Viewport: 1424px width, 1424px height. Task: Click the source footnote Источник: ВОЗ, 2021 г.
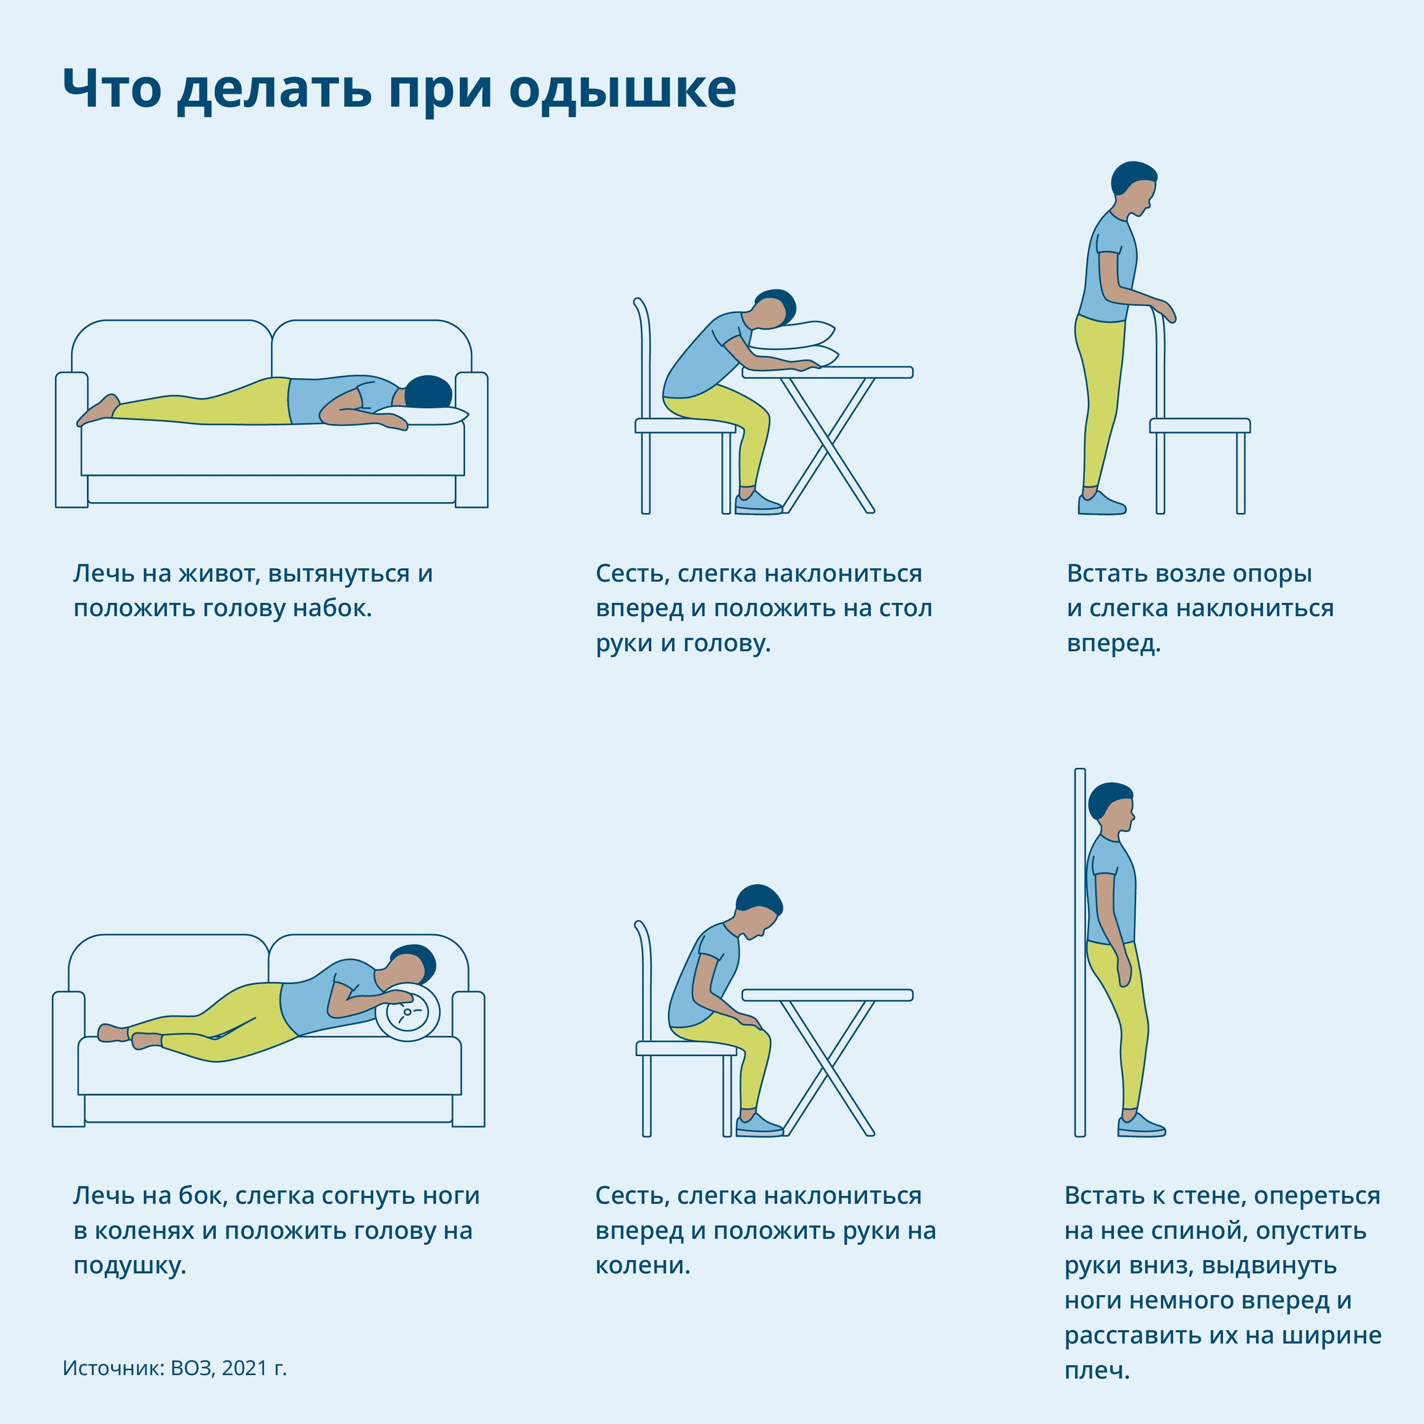click(175, 1368)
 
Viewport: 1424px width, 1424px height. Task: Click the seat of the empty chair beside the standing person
click(1200, 425)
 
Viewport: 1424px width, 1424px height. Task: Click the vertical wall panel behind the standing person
click(1080, 951)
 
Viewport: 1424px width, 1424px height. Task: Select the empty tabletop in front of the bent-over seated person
click(827, 995)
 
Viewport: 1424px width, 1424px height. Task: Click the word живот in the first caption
click(215, 573)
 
